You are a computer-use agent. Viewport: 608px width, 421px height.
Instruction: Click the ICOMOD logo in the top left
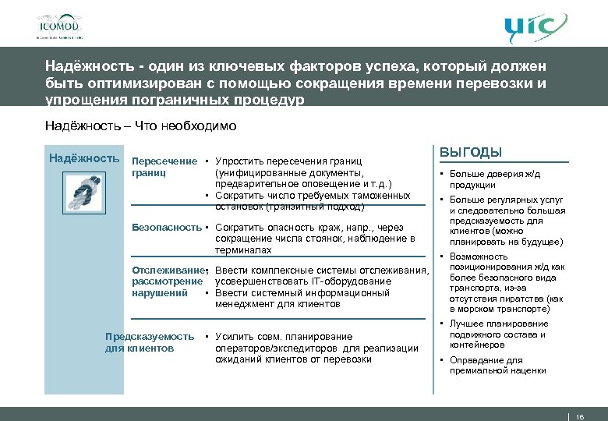(x=58, y=26)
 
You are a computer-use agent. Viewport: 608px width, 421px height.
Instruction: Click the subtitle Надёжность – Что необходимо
(x=140, y=126)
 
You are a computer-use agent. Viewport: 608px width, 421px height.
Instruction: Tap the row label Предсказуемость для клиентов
(x=149, y=342)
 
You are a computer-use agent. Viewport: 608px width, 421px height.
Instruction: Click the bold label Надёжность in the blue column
(x=83, y=158)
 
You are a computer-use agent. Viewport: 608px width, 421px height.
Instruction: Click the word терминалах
(x=243, y=250)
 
